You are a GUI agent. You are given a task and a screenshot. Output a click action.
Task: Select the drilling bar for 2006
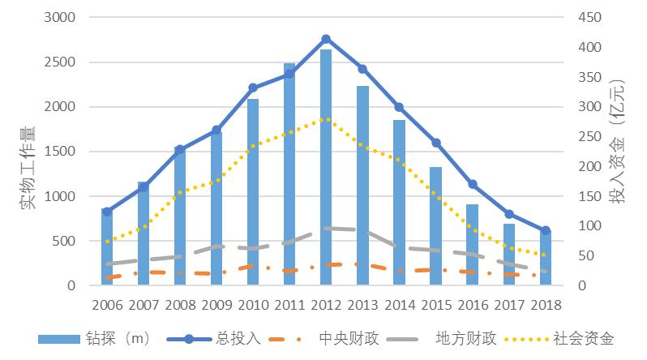click(107, 247)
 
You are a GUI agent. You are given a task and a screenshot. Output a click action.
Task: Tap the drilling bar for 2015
click(435, 226)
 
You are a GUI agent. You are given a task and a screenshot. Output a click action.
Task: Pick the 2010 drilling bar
click(253, 192)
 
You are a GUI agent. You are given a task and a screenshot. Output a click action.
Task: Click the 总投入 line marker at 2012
click(326, 39)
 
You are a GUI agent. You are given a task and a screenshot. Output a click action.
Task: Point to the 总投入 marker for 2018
click(546, 230)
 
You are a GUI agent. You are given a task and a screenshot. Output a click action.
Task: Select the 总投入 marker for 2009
click(216, 130)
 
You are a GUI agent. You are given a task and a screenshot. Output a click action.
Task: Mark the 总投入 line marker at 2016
click(473, 184)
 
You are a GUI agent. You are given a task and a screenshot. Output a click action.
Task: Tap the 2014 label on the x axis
click(399, 305)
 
